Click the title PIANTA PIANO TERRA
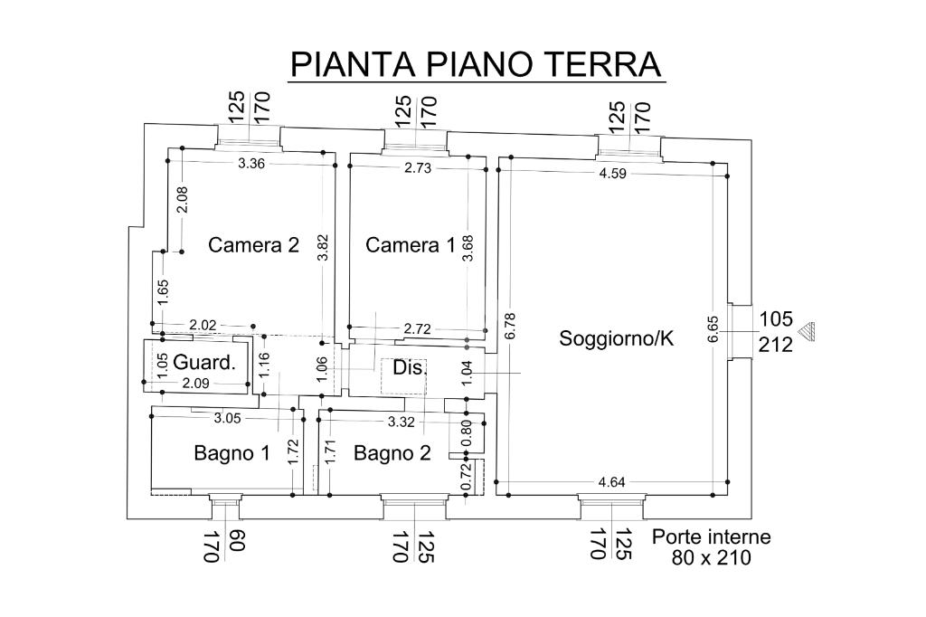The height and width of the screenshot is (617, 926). (x=477, y=63)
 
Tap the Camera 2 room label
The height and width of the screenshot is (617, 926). (x=253, y=245)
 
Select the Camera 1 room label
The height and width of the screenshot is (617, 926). (x=410, y=245)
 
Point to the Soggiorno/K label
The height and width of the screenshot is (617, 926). (x=618, y=339)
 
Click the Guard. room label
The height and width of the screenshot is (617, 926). (x=204, y=363)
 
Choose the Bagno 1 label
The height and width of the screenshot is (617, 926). (x=231, y=453)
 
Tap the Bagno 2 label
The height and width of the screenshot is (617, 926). (x=392, y=453)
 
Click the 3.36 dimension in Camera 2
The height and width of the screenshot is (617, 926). (x=251, y=165)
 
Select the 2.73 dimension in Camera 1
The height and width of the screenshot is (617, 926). (x=418, y=168)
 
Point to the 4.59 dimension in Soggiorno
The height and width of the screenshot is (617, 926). (x=612, y=175)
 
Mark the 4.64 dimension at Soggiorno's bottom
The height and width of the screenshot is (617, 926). (x=612, y=482)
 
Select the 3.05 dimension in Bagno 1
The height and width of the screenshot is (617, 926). (x=227, y=418)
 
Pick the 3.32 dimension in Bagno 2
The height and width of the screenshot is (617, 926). (x=402, y=422)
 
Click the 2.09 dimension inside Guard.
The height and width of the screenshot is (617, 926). (x=196, y=384)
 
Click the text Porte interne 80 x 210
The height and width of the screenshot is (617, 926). (x=712, y=547)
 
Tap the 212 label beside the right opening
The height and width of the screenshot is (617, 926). (x=776, y=344)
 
